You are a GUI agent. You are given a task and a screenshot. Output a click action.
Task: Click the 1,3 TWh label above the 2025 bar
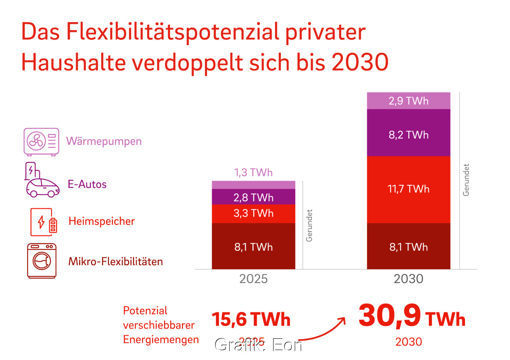(253, 173)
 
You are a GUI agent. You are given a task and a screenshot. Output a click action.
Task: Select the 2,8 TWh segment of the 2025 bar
(253, 197)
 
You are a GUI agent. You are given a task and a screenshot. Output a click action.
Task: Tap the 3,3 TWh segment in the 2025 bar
(253, 213)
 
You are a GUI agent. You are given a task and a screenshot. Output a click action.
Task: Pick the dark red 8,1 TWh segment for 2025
(253, 247)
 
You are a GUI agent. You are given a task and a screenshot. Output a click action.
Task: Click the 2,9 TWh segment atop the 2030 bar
(408, 101)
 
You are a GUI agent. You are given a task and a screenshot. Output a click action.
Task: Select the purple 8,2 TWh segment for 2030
(408, 135)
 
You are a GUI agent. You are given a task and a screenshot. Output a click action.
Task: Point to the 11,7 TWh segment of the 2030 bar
(408, 189)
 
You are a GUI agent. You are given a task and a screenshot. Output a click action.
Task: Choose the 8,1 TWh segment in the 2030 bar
(408, 247)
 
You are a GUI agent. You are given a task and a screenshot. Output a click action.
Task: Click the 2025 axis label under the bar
(253, 279)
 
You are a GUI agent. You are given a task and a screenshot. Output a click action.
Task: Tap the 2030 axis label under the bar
(408, 279)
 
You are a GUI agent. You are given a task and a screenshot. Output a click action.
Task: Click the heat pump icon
(41, 141)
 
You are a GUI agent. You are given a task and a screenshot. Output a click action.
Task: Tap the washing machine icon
(42, 261)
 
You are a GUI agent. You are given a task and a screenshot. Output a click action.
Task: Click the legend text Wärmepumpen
(104, 141)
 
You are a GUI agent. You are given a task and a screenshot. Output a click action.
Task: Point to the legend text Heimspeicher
(102, 221)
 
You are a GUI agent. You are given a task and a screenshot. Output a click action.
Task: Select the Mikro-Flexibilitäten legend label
(116, 261)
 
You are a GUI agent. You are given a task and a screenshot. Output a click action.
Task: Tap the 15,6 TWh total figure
(251, 319)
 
